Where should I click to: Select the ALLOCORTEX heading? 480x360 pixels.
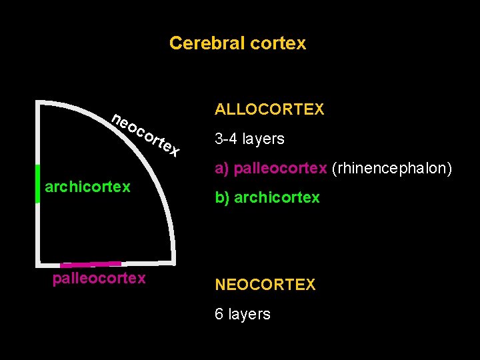point(269,109)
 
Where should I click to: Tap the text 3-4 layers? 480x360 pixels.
point(249,139)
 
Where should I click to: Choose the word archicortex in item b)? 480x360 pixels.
point(277,198)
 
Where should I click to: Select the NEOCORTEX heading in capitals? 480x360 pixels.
point(265,285)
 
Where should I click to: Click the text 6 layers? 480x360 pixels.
point(242,314)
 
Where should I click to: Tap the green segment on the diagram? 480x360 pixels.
point(38,192)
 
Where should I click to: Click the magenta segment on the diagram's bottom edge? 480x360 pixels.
point(91,265)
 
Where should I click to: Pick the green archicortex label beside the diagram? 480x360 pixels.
point(87,187)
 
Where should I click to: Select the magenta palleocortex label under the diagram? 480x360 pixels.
point(99,278)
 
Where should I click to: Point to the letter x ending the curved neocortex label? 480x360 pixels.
point(174,152)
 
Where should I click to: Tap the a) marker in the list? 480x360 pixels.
point(222,169)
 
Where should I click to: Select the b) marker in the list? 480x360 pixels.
point(222,198)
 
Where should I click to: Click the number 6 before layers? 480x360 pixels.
point(219,314)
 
